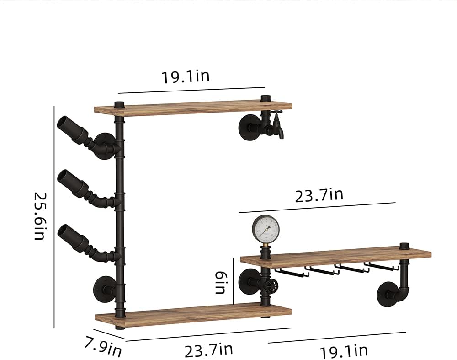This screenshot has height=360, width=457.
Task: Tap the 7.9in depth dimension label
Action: (x=103, y=346)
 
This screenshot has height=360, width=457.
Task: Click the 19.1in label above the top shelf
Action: (x=185, y=76)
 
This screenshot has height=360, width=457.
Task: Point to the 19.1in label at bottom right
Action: (x=343, y=351)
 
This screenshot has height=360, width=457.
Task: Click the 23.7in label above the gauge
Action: (x=319, y=195)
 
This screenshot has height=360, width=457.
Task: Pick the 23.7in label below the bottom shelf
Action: (x=208, y=351)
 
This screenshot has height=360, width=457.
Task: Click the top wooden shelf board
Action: (x=193, y=107)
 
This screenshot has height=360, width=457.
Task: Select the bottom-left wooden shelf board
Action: (x=193, y=315)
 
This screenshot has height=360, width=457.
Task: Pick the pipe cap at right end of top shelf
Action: (x=265, y=98)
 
